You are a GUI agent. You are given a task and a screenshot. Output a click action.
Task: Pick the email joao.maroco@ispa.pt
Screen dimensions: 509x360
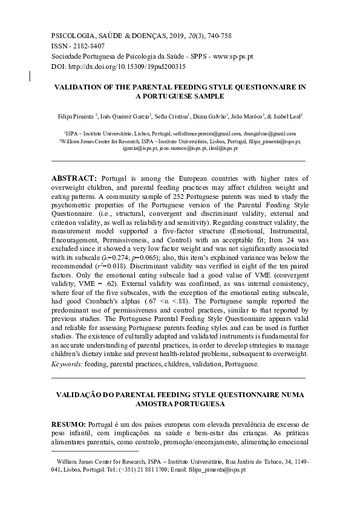click(183, 147)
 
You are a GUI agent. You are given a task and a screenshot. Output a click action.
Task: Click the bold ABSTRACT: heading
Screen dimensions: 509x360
click(74, 179)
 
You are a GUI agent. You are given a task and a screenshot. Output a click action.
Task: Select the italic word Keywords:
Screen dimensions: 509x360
click(67, 365)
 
